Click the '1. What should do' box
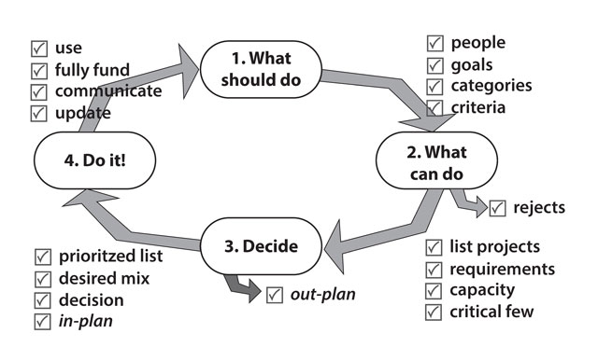[x=262, y=69]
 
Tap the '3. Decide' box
[x=261, y=246]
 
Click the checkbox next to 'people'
[x=435, y=43]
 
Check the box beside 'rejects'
[x=498, y=208]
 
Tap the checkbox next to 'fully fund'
[x=39, y=70]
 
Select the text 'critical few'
[x=492, y=312]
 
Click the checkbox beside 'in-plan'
[x=42, y=322]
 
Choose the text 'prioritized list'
[x=110, y=256]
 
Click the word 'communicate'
[x=108, y=91]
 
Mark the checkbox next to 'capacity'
[x=434, y=290]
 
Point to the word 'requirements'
[x=503, y=269]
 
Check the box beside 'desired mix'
[x=42, y=278]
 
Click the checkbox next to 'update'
[x=39, y=114]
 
